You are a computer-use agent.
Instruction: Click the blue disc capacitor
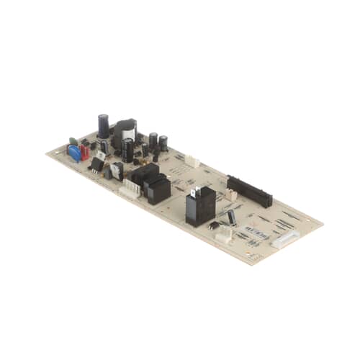tap(74, 153)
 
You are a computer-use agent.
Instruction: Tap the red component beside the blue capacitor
tap(85, 152)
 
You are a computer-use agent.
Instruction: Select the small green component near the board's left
tap(73, 141)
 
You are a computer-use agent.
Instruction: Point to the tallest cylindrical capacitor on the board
tap(104, 127)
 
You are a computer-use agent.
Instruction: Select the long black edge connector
tap(249, 189)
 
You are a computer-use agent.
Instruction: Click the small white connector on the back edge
tap(192, 162)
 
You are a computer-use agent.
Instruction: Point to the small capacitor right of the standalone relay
tap(232, 217)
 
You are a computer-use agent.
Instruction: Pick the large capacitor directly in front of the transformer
tap(128, 150)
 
